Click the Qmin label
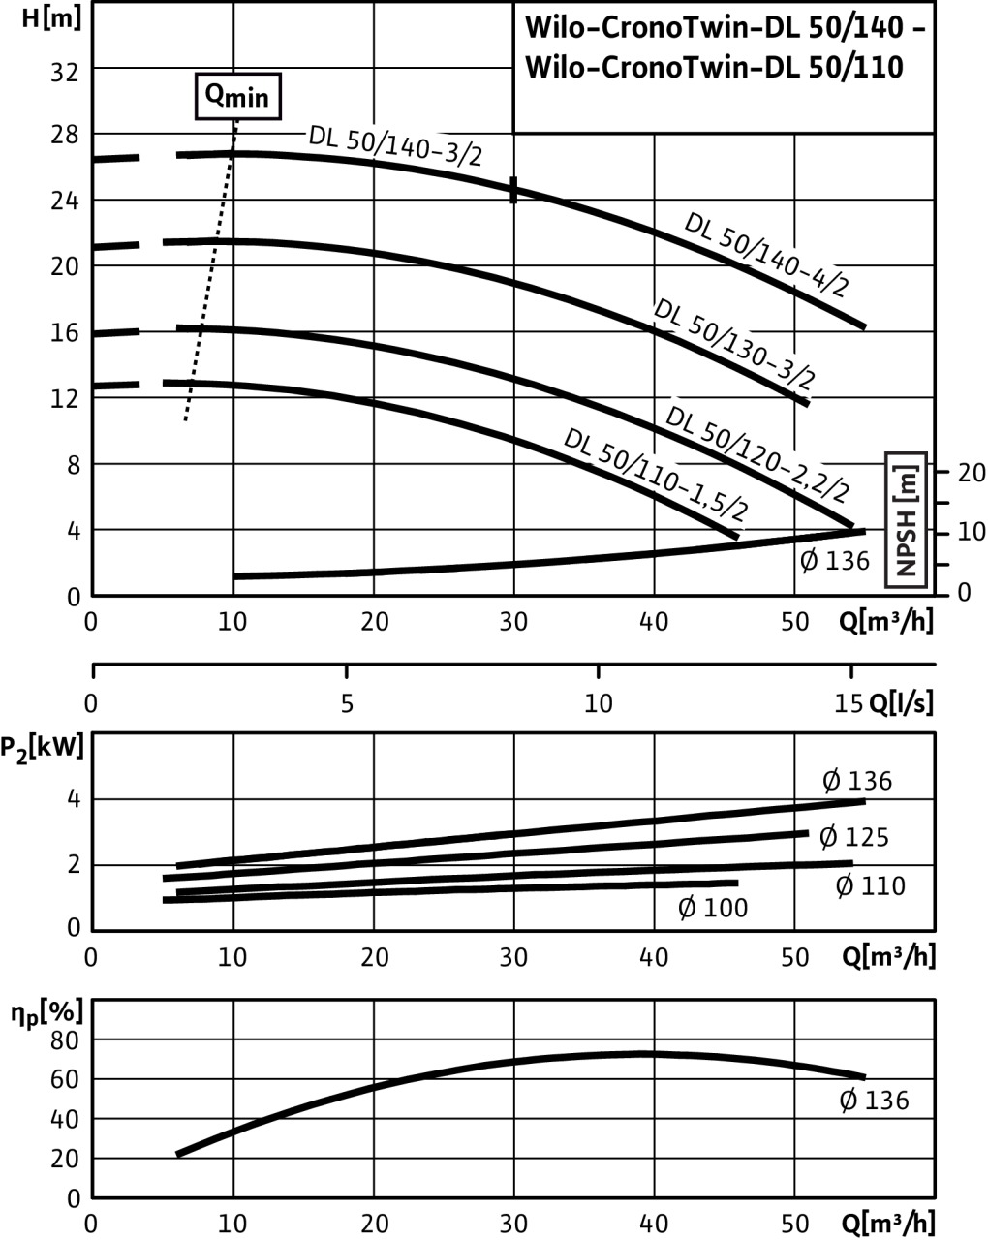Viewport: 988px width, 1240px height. [237, 97]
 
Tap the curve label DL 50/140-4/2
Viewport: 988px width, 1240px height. [766, 253]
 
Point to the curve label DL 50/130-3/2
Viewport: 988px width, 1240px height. [735, 343]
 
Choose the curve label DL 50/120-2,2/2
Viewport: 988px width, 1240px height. [758, 451]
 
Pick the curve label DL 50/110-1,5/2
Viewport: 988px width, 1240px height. [656, 473]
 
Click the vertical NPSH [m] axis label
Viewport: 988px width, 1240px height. [907, 520]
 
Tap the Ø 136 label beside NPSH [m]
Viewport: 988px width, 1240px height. [834, 560]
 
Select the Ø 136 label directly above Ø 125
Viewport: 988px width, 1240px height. [856, 781]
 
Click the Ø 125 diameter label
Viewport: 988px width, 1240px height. [853, 837]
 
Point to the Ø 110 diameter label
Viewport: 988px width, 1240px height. [870, 885]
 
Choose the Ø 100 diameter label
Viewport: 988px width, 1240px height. [713, 909]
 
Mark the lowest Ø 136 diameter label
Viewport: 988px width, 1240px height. [873, 1100]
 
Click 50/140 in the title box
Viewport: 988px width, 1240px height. [852, 28]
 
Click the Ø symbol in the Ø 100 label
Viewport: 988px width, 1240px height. [687, 909]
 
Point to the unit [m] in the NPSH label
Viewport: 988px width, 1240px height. [908, 477]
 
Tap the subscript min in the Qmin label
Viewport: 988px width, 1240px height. [250, 101]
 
